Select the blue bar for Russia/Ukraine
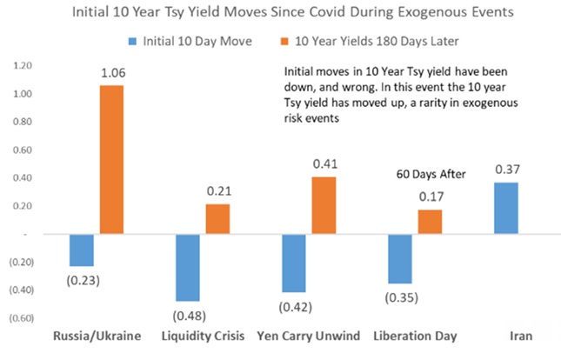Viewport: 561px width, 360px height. [81, 250]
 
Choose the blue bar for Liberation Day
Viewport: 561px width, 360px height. [401, 258]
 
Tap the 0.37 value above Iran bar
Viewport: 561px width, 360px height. [507, 171]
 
